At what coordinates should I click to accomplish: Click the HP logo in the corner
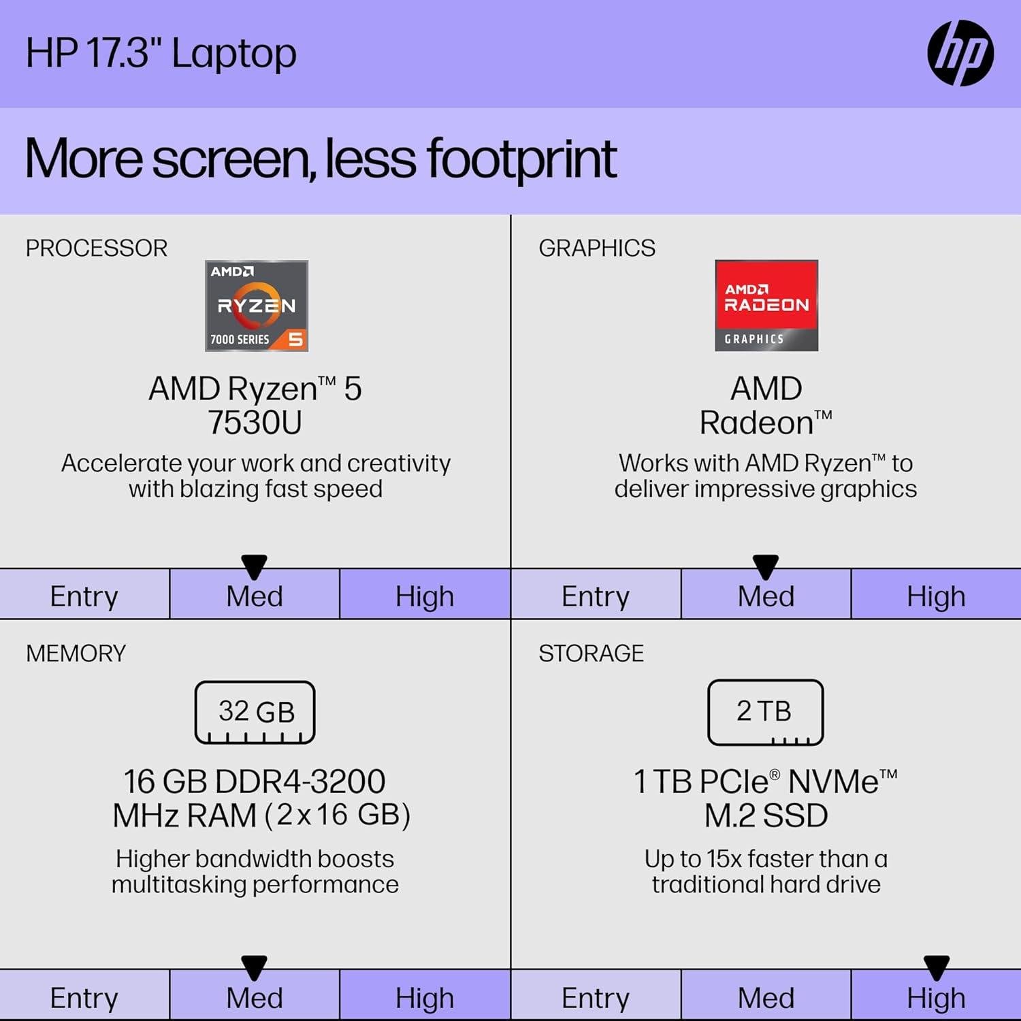tap(960, 53)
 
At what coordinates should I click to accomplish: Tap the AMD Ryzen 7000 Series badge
tap(257, 306)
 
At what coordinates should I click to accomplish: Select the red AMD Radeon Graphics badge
tap(766, 306)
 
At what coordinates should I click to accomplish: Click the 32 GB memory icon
tap(255, 712)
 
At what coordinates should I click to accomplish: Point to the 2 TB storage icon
tap(765, 712)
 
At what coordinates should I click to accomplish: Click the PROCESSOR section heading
tap(97, 248)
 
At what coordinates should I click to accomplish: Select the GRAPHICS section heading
tap(597, 248)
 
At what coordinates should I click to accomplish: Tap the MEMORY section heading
tap(76, 653)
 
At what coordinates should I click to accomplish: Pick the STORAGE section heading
tap(591, 653)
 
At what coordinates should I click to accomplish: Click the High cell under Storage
tap(936, 998)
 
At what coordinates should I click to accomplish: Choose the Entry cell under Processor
tap(84, 596)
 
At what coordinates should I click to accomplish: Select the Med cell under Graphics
tap(766, 596)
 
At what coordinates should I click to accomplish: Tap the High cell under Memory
tap(425, 998)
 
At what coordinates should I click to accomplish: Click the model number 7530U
tap(255, 423)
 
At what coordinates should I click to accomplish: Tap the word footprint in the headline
tap(521, 159)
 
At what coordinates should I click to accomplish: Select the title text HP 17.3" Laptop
tap(161, 53)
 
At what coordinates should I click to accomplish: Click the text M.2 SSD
tap(766, 815)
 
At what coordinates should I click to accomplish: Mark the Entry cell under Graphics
tap(596, 596)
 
